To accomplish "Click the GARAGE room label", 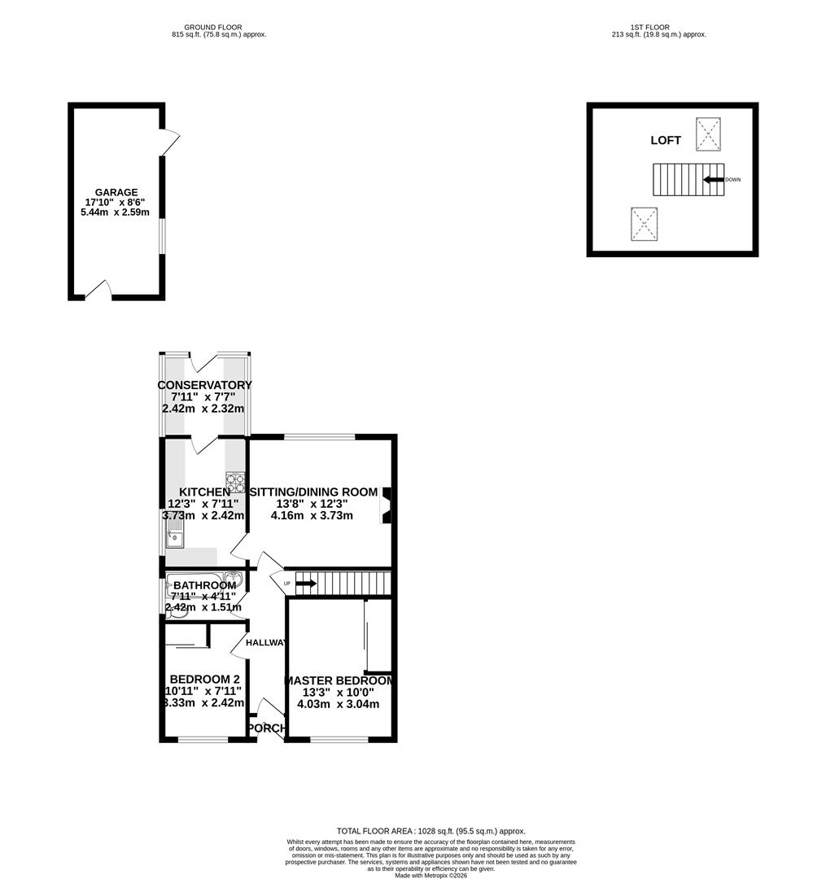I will point(116,193).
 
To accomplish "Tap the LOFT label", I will point(665,141).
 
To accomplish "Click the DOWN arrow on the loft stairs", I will point(714,179).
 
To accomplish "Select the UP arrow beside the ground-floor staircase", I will point(305,583).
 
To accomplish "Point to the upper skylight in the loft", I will point(708,134).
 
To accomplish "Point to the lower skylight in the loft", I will point(644,224).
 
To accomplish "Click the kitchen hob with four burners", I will point(235,483).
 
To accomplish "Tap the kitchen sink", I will point(176,537).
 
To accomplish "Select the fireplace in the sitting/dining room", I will point(386,504).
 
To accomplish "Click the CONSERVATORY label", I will point(204,385).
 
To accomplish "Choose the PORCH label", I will point(267,728).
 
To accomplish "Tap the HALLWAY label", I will point(267,643).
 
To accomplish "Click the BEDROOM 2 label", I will point(204,680).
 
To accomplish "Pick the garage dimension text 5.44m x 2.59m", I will point(116,212).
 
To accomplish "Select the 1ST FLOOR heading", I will point(651,27).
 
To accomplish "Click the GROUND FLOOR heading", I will point(212,27).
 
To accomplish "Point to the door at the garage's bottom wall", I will point(98,291).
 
